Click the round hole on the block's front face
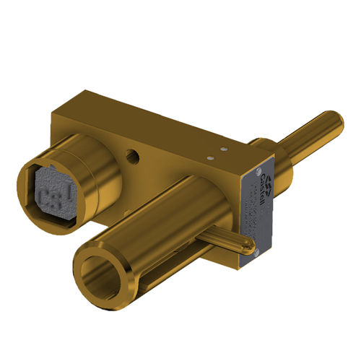click(x=132, y=155)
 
